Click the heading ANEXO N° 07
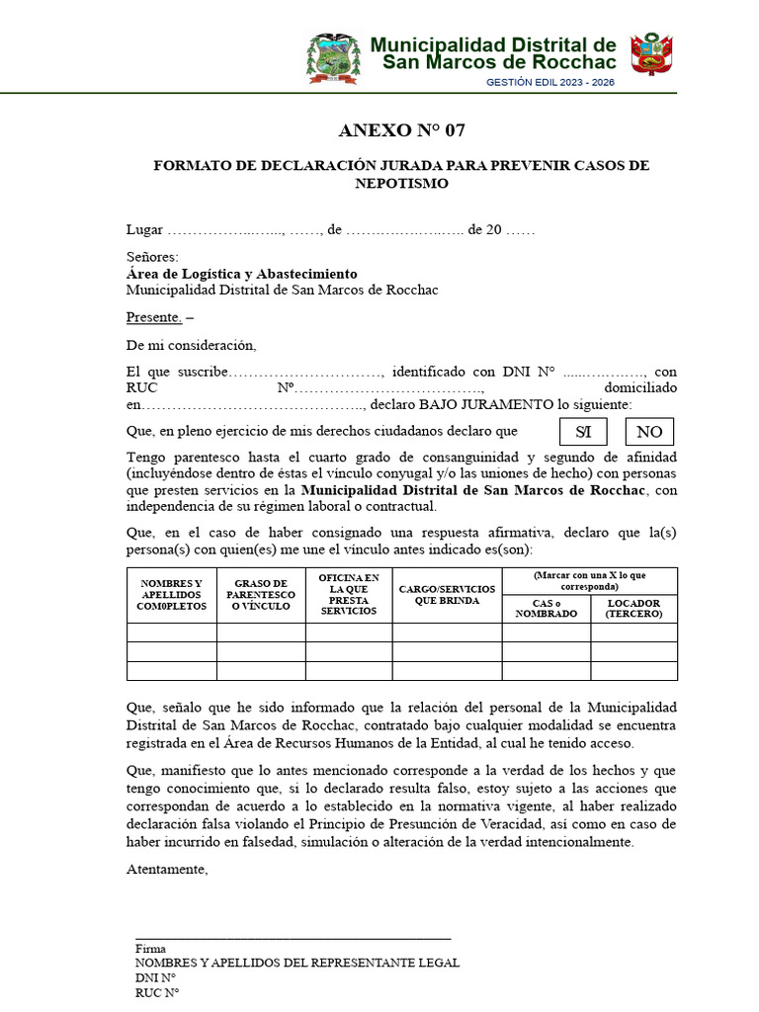click(x=401, y=130)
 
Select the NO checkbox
click(x=649, y=432)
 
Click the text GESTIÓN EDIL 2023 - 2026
click(x=550, y=82)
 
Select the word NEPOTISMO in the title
click(x=401, y=184)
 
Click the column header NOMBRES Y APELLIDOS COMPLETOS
click(x=172, y=595)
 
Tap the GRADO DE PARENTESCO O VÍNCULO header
click(x=261, y=595)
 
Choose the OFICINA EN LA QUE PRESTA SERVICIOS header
click(x=349, y=595)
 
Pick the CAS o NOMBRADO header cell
click(x=547, y=609)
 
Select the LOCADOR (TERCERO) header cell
click(x=633, y=609)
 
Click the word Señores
click(x=152, y=258)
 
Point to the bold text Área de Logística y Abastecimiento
click(x=242, y=274)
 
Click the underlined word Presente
click(x=154, y=317)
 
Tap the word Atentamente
click(x=167, y=870)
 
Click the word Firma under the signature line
click(x=150, y=948)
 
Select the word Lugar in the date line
click(x=144, y=230)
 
